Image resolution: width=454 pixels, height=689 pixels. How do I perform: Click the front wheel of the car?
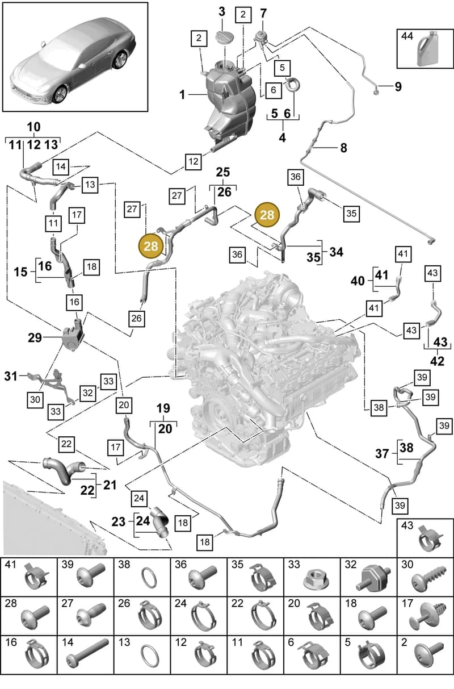[60, 94]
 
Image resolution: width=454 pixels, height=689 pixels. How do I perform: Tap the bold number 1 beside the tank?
[183, 94]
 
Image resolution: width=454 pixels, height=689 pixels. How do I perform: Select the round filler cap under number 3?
[225, 37]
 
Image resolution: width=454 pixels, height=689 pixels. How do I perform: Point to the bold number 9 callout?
[398, 86]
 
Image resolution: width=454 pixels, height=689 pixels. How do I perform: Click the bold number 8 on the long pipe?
[344, 148]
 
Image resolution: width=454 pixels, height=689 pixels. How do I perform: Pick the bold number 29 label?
[35, 338]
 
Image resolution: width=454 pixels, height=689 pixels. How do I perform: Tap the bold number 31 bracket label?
[11, 376]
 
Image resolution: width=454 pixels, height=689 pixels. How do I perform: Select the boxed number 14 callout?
[61, 167]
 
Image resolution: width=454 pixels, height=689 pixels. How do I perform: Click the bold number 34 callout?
[337, 252]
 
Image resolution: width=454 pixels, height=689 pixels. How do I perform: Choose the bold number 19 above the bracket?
[163, 408]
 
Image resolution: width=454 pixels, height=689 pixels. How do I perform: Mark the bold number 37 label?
[382, 453]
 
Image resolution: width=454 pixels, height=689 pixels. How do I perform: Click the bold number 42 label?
[438, 361]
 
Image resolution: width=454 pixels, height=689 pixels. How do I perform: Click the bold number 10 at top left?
[33, 127]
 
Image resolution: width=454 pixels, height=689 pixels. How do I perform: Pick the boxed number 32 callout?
[87, 393]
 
